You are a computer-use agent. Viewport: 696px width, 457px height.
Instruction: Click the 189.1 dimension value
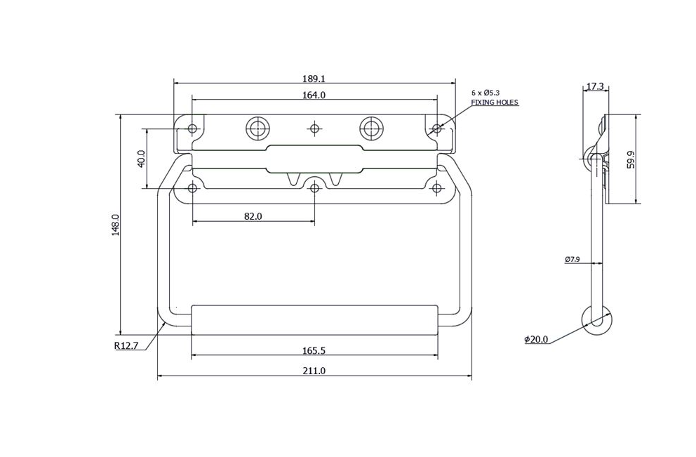point(314,79)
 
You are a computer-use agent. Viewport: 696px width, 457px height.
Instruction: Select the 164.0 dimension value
point(314,95)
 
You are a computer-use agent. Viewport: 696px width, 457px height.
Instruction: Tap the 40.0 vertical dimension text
point(140,159)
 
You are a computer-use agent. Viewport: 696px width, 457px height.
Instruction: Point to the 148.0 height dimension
point(115,225)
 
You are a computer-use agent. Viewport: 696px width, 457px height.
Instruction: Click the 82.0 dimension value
point(253,216)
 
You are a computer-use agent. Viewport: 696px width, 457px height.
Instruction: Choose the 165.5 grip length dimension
point(313,350)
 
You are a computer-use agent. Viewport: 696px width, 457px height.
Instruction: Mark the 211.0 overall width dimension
point(313,371)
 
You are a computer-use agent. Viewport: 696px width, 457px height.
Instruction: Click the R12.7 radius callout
point(126,345)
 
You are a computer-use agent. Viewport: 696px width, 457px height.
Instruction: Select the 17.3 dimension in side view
point(594,86)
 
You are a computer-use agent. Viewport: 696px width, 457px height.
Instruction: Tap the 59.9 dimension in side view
point(631,159)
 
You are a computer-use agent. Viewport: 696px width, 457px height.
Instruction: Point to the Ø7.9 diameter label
point(572,259)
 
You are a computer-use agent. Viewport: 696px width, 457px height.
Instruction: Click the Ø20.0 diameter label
point(535,339)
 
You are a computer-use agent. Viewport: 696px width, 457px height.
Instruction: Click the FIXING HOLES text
point(494,102)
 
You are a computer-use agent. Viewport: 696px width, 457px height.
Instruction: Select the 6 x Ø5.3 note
point(486,93)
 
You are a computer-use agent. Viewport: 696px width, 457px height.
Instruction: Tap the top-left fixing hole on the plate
point(192,128)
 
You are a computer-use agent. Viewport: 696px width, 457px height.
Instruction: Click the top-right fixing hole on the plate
point(436,128)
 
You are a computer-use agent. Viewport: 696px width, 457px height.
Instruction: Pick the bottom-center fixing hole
point(314,187)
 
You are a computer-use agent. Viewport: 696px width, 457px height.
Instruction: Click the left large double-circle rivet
point(257,128)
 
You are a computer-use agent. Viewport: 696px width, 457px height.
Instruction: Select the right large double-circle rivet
point(370,128)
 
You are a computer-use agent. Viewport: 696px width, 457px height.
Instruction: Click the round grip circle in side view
point(597,322)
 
